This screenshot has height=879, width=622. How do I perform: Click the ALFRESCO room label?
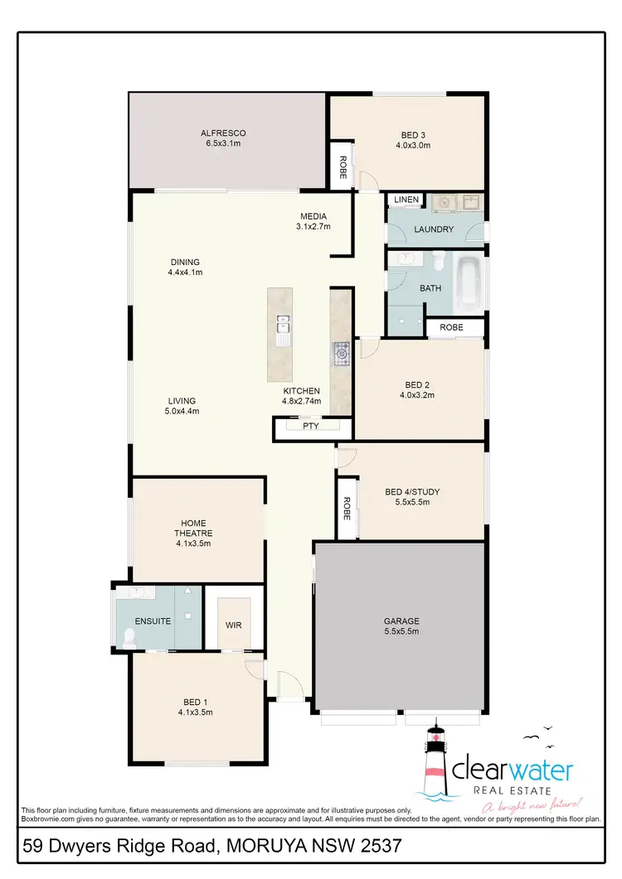click(x=223, y=133)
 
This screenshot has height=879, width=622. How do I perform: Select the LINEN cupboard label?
click(x=406, y=200)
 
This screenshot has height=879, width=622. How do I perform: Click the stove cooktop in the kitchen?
click(x=341, y=354)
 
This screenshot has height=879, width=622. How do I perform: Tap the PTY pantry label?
click(x=310, y=426)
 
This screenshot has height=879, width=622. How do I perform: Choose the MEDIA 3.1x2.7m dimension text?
click(x=314, y=226)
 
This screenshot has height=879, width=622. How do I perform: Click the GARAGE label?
click(x=401, y=621)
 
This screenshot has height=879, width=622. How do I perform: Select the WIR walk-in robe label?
click(x=233, y=625)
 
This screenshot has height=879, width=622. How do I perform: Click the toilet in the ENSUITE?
click(x=129, y=638)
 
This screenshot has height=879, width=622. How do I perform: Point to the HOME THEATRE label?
click(x=195, y=528)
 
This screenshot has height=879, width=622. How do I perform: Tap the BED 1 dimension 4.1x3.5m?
click(x=195, y=712)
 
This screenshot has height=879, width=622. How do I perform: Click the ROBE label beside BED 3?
click(x=341, y=169)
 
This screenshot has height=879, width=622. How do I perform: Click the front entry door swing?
click(x=289, y=686)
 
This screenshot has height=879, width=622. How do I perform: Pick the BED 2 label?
click(x=418, y=384)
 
